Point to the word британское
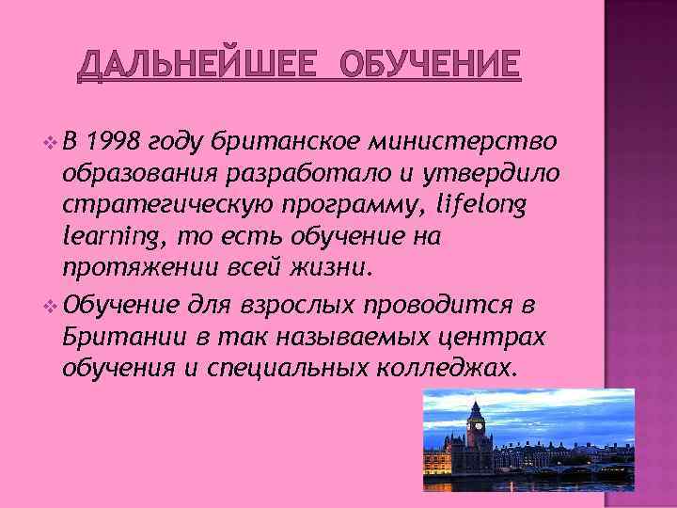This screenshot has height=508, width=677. (x=288, y=141)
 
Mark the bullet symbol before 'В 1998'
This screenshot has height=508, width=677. (x=50, y=143)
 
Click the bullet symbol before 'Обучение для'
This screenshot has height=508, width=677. (x=50, y=306)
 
